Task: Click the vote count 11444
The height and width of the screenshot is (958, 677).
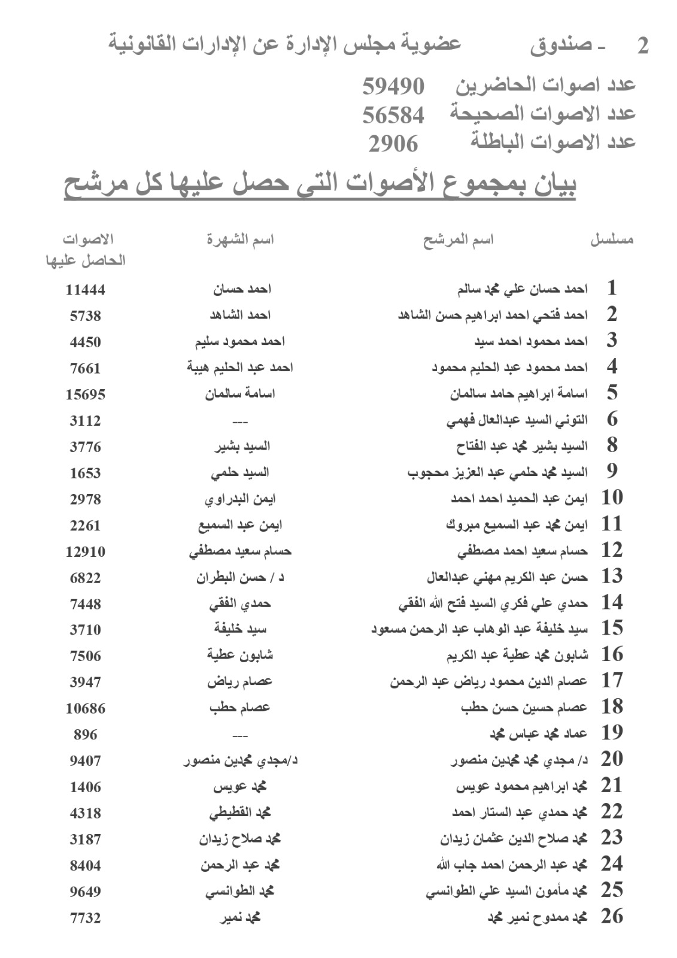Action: point(85,290)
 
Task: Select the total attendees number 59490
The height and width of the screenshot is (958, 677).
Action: point(393,86)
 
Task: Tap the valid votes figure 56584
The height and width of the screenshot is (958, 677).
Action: point(393,115)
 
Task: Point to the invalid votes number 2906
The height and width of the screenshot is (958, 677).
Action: point(393,144)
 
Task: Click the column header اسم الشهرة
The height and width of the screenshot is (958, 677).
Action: point(240,240)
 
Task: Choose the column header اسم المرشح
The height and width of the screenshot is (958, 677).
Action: point(459,240)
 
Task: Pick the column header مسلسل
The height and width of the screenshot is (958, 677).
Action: point(612,240)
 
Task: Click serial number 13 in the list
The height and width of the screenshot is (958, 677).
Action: point(612,576)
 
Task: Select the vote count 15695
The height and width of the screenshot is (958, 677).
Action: point(85,395)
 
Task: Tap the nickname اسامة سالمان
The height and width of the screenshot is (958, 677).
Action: point(240,394)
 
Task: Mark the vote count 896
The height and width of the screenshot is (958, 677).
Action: point(85,735)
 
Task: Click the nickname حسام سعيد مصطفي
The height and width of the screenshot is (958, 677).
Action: point(240,551)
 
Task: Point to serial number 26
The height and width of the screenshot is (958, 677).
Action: point(612,916)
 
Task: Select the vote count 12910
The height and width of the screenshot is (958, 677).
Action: point(85,551)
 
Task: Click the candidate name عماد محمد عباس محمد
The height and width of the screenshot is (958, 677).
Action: point(539,733)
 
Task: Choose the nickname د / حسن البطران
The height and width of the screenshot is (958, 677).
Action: point(240,577)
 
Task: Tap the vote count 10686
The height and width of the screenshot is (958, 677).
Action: point(85,708)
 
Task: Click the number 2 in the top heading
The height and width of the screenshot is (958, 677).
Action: point(643,46)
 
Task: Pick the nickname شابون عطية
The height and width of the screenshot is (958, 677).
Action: point(240,656)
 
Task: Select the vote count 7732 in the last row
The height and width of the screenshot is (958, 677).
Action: point(85,918)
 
